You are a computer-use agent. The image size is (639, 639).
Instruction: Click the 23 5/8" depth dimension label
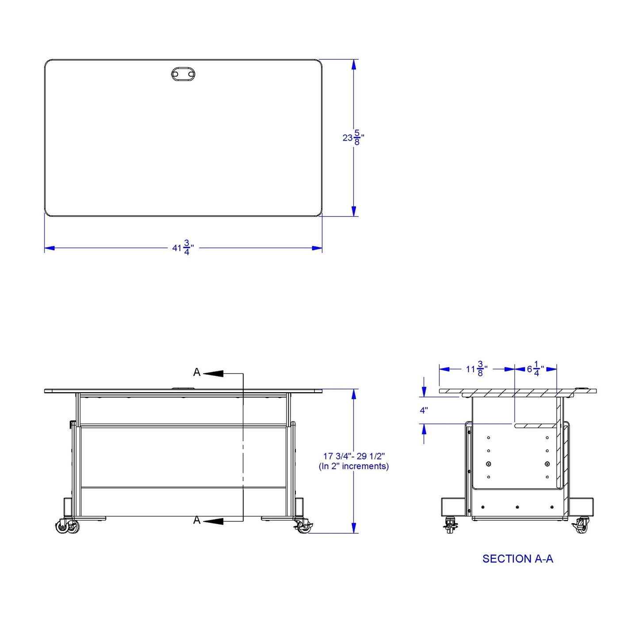click(x=353, y=138)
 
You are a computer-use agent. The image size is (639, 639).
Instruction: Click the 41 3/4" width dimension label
click(x=183, y=248)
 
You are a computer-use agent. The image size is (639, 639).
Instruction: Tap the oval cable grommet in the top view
click(x=183, y=74)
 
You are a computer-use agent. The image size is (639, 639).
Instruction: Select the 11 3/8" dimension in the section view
click(x=476, y=369)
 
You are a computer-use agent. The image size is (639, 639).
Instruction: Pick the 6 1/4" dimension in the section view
click(x=535, y=369)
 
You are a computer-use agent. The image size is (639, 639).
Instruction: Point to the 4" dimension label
click(x=424, y=410)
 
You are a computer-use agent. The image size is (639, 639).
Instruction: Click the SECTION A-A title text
click(x=517, y=559)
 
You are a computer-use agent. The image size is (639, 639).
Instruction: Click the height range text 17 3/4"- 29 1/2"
click(x=354, y=456)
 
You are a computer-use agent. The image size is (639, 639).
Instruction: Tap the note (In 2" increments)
click(x=354, y=466)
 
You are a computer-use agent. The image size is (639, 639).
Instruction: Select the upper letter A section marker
click(x=197, y=372)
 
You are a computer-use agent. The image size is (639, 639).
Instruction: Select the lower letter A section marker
click(x=197, y=520)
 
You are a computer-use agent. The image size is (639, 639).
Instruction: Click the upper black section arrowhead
click(x=214, y=374)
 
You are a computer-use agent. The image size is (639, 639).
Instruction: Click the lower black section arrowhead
click(x=214, y=521)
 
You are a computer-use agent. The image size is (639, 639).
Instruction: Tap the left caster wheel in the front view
click(x=67, y=526)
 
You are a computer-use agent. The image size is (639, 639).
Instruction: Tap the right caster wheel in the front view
click(x=302, y=526)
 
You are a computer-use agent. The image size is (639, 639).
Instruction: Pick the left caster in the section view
click(x=451, y=525)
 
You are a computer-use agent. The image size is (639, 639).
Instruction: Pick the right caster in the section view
click(x=581, y=525)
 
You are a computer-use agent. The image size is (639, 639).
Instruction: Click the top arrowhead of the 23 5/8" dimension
click(x=353, y=65)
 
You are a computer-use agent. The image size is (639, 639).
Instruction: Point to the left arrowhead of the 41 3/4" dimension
click(x=50, y=248)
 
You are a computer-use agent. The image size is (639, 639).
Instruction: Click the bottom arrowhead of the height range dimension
click(x=354, y=528)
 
